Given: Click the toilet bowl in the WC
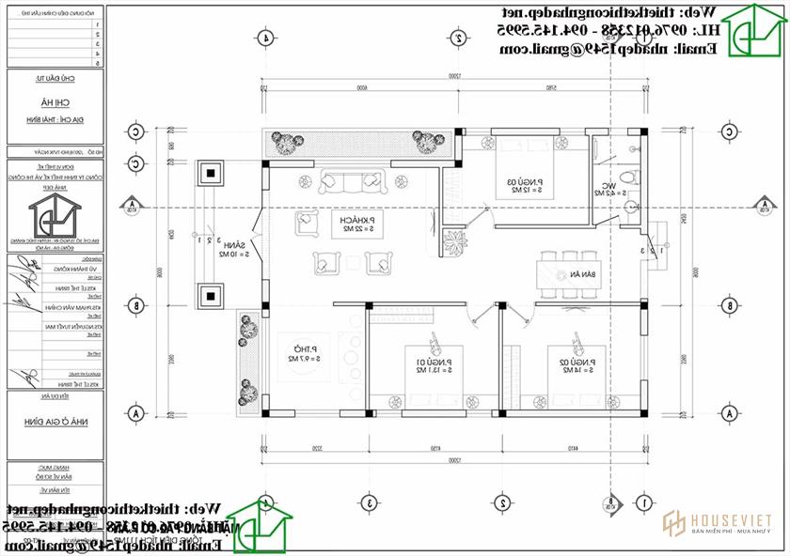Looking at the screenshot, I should pyautogui.click(x=632, y=178).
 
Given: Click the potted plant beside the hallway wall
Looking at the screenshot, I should pyautogui.click(x=454, y=241).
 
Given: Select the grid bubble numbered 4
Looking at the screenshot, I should pyautogui.click(x=266, y=39).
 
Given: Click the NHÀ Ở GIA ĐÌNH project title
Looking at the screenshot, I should pyautogui.click(x=53, y=424).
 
